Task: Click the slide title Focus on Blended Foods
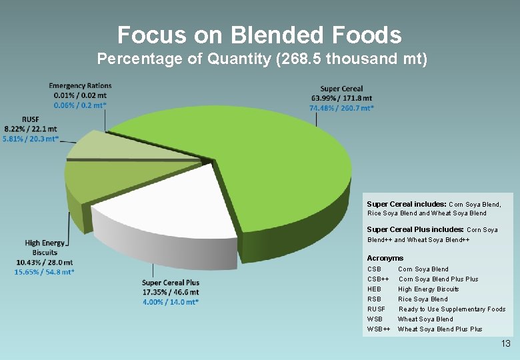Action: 259,35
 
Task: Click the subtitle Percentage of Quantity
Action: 262,59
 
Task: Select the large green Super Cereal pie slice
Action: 267,160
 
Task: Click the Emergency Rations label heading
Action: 80,85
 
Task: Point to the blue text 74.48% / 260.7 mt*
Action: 341,108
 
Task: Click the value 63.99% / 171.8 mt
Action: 341,99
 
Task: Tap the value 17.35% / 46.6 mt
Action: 171,292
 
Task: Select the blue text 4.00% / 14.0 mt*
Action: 171,302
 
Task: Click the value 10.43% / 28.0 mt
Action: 45,262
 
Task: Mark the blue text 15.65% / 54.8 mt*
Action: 45,272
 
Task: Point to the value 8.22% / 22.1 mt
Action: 31,129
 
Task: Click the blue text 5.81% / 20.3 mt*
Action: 31,139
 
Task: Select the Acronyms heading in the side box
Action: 385,258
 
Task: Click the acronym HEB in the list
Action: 374,289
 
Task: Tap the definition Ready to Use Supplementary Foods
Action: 451,309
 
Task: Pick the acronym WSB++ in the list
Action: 378,329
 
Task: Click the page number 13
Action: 505,344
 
